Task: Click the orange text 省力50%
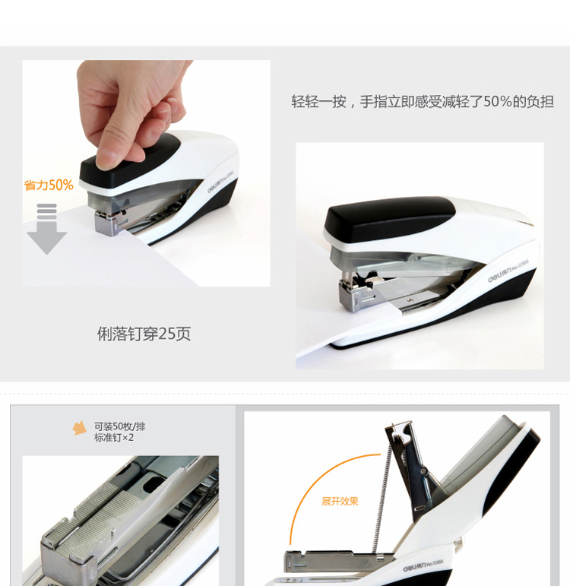[x=49, y=185]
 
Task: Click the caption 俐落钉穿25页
[x=144, y=334]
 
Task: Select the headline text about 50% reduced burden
[x=423, y=101]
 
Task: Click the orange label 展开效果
[x=340, y=502]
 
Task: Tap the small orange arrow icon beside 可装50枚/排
[x=80, y=429]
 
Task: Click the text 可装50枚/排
[x=119, y=426]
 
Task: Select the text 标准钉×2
[x=114, y=438]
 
